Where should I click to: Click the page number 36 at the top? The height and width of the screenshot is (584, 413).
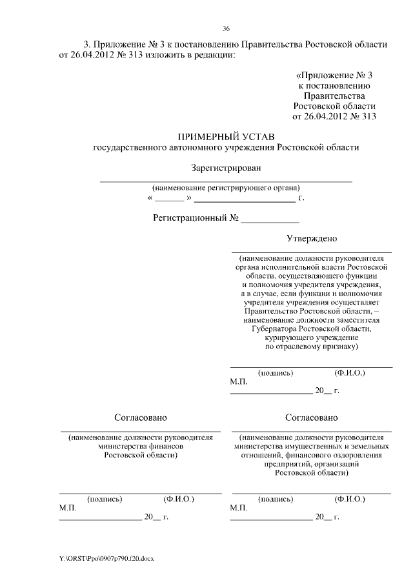point(227,28)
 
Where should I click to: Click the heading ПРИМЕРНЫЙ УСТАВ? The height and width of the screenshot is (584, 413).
point(226,137)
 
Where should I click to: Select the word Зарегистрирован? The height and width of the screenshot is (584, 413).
point(227,168)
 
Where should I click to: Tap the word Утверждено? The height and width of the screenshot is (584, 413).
point(312,238)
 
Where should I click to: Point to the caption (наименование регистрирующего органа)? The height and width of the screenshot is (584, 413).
point(226,188)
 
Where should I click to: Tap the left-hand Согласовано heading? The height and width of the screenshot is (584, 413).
point(140,418)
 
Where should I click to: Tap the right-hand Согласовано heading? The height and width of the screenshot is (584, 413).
point(312,418)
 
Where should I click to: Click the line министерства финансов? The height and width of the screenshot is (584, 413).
point(141,446)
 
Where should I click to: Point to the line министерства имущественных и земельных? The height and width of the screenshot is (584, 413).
point(312,446)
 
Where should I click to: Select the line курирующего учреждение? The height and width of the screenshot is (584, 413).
point(312,337)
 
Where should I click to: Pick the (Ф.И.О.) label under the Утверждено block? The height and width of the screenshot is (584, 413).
point(350,373)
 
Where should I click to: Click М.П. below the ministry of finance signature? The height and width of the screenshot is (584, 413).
point(68,508)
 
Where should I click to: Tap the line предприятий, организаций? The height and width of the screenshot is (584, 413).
point(312,463)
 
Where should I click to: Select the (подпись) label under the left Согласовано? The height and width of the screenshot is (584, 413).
point(105,499)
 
